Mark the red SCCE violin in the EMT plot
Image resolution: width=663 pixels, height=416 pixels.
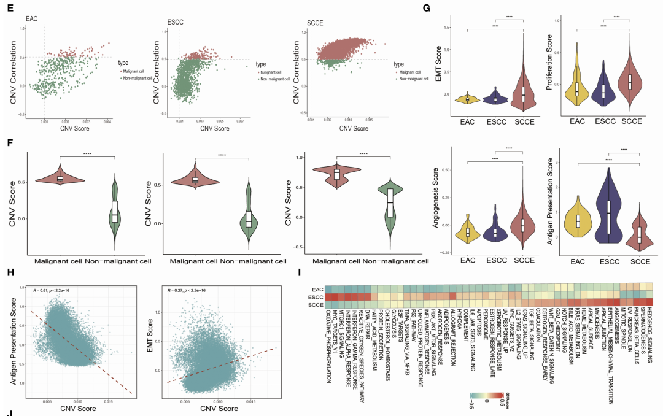(x=523, y=92)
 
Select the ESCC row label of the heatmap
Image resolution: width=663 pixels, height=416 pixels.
(x=317, y=298)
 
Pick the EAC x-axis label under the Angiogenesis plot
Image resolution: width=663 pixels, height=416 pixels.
(x=467, y=261)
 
